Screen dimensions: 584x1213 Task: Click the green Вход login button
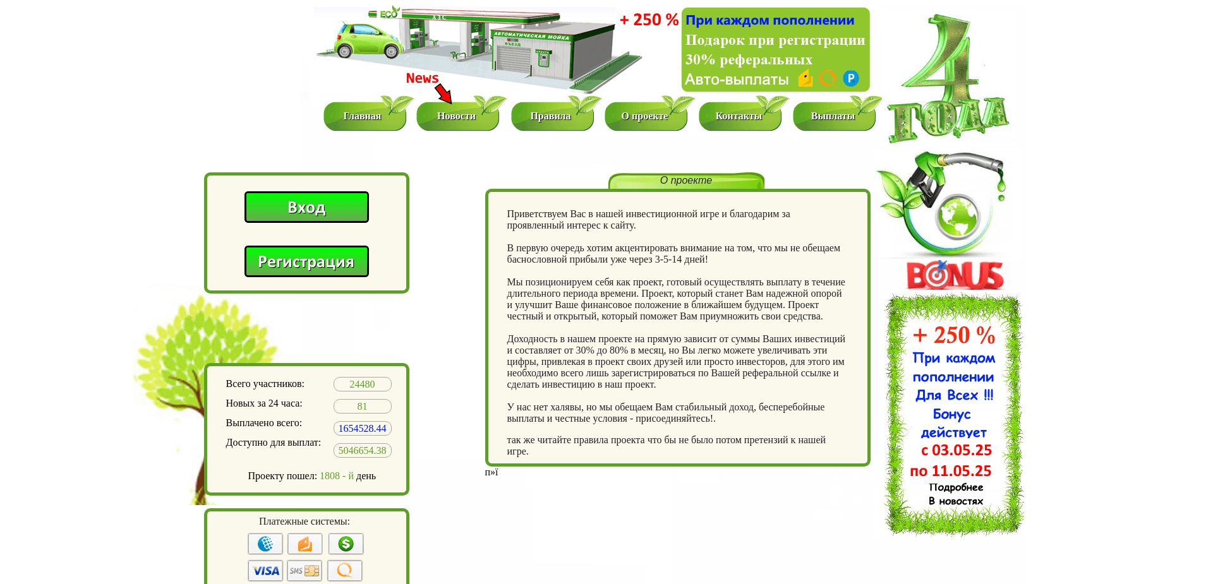click(x=306, y=207)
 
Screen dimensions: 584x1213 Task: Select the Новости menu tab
click(x=457, y=116)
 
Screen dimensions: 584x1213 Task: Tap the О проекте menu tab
click(x=645, y=116)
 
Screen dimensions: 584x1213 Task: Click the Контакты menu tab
click(x=739, y=116)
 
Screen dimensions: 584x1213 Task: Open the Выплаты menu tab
click(x=833, y=116)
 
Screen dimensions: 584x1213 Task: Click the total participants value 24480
click(x=362, y=384)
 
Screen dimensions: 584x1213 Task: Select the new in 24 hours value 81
click(x=362, y=407)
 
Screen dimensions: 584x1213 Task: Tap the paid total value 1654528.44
click(x=362, y=429)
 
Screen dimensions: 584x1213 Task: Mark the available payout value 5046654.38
click(x=362, y=451)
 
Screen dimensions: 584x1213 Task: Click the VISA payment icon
click(x=265, y=571)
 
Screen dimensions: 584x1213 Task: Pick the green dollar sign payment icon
click(x=346, y=544)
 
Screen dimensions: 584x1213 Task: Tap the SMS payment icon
click(x=305, y=571)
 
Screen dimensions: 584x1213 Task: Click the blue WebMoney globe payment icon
click(x=265, y=544)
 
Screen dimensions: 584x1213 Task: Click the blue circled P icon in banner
click(x=851, y=78)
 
